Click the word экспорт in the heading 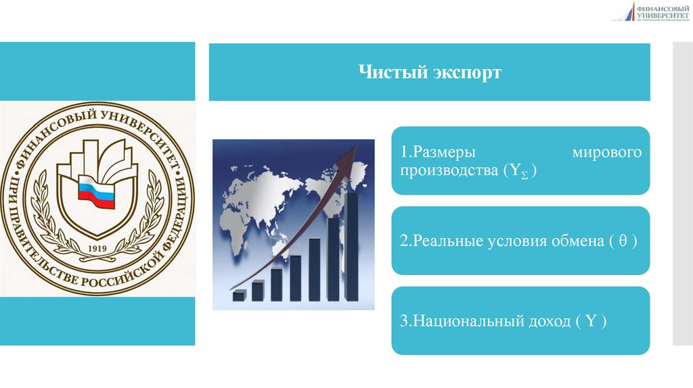(x=466, y=72)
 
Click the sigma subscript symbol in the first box (x=524, y=175)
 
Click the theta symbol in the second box (x=621, y=241)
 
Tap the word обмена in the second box (x=575, y=241)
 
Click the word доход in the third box (x=547, y=322)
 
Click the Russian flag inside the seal (x=97, y=192)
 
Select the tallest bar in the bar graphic (x=351, y=247)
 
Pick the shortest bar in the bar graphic (x=238, y=295)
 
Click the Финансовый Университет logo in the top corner (x=651, y=11)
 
